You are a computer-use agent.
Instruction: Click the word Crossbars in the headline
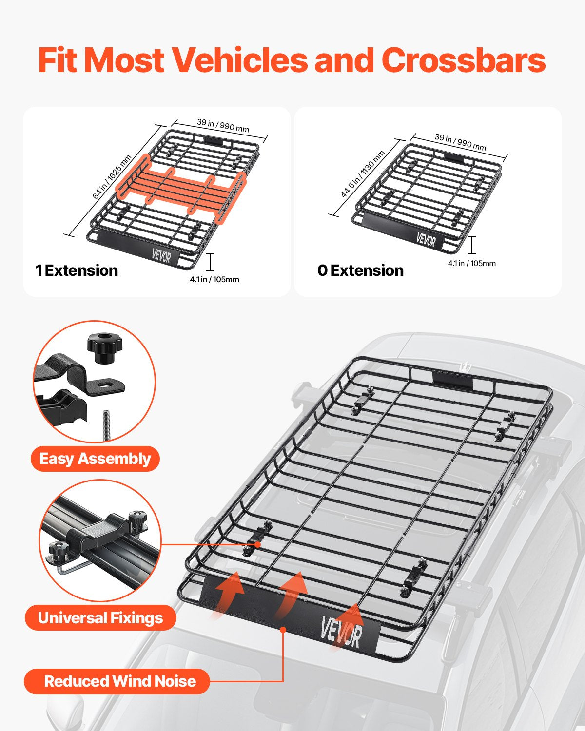[463, 60]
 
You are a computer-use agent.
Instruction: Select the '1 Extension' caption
[77, 270]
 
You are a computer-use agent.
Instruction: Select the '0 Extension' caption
[360, 270]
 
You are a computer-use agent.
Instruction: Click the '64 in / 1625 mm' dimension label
[112, 177]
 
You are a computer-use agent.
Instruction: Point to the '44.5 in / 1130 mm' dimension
[363, 174]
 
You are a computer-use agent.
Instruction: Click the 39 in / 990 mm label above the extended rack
[223, 125]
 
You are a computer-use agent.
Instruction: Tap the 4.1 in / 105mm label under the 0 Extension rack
[471, 264]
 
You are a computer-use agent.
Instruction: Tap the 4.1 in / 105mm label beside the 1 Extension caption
[214, 280]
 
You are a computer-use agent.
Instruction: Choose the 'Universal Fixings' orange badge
[100, 618]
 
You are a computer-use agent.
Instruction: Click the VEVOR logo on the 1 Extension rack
[161, 255]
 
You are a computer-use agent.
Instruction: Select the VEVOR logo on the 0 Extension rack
[426, 240]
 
